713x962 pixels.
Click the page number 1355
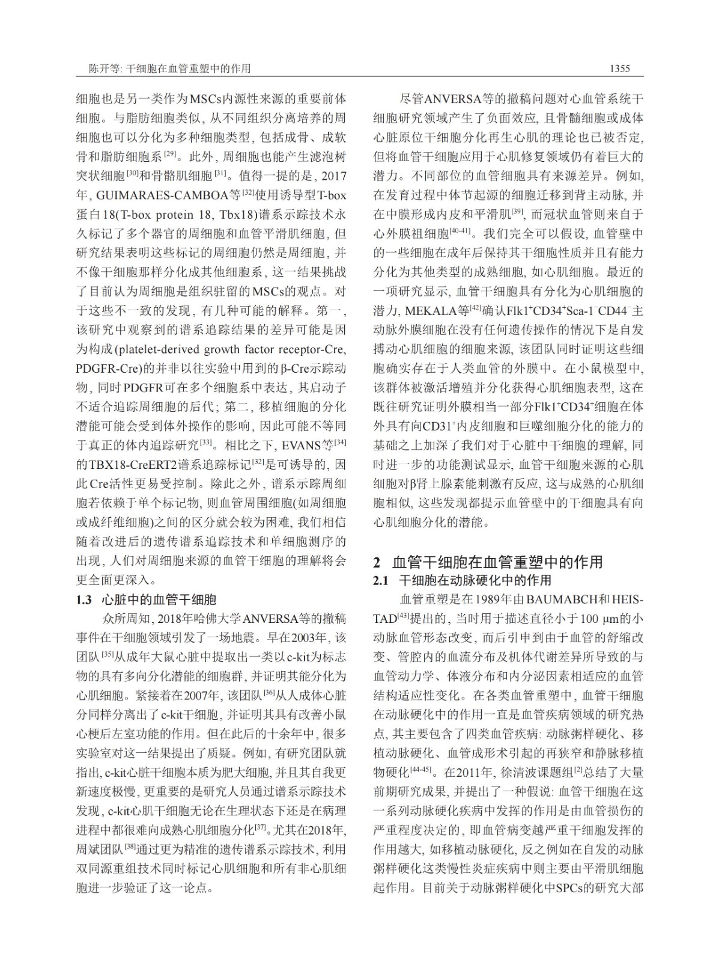pos(619,69)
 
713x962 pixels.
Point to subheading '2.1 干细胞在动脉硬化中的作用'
pos(462,580)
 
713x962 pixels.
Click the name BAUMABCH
pos(569,599)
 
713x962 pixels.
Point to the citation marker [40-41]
pos(460,231)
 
